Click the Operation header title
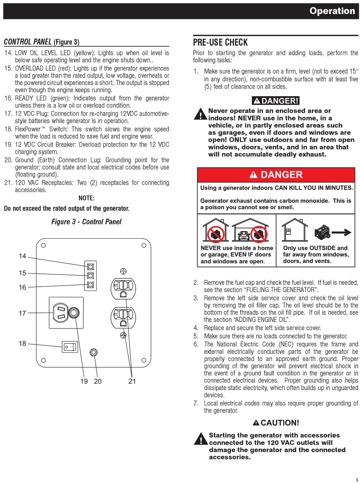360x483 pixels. point(332,11)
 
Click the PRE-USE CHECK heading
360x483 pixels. point(220,42)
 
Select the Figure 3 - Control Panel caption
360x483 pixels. point(86,222)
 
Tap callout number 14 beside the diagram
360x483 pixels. point(23,256)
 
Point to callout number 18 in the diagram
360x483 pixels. point(23,344)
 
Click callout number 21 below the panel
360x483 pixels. point(132,381)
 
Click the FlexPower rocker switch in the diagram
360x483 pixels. point(70,347)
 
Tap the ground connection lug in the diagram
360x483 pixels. point(94,353)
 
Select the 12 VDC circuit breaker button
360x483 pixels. point(75,312)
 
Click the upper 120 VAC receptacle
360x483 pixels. point(122,288)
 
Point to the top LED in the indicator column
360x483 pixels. point(91,266)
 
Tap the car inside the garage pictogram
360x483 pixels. point(243,236)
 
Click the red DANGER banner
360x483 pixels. point(276,175)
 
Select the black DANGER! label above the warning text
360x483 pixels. point(276,101)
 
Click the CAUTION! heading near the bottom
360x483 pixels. point(276,423)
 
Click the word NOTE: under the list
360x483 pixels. point(86,198)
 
